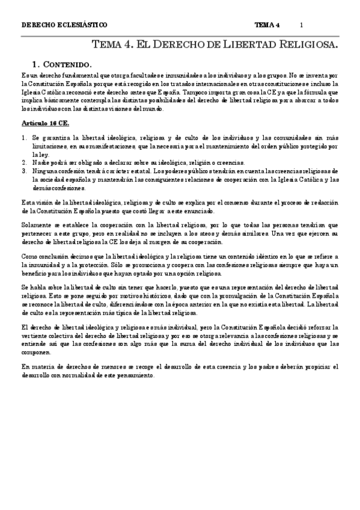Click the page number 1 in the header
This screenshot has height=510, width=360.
pos(301,25)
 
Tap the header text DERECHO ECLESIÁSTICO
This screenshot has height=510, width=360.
pos(64,25)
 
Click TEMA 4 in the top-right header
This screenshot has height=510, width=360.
pos(267,25)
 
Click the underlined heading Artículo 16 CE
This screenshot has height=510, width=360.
pos(44,123)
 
